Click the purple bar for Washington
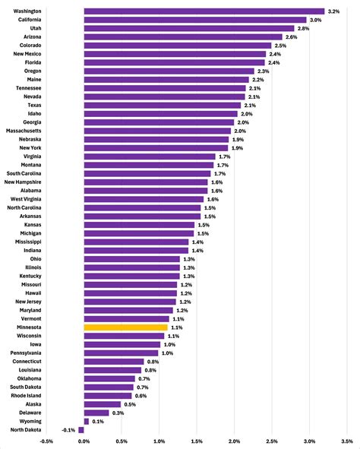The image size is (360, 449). (204, 11)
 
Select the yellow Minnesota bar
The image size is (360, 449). (125, 327)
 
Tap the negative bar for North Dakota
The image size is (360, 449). (81, 430)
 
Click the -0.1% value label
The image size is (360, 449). (69, 430)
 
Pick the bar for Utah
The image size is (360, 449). (189, 28)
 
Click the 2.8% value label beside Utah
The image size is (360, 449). (302, 28)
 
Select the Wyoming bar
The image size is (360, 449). (87, 421)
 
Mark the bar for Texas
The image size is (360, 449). (163, 105)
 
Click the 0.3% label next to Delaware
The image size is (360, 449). (118, 413)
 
